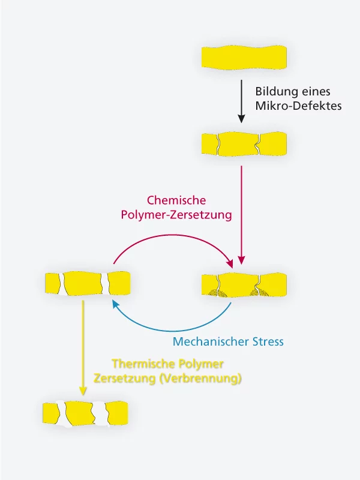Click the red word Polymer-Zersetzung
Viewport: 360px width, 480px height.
(176, 215)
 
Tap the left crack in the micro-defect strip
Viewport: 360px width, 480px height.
(220, 145)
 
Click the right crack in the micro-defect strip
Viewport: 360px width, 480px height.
(258, 145)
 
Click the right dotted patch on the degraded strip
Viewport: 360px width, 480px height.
(259, 292)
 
